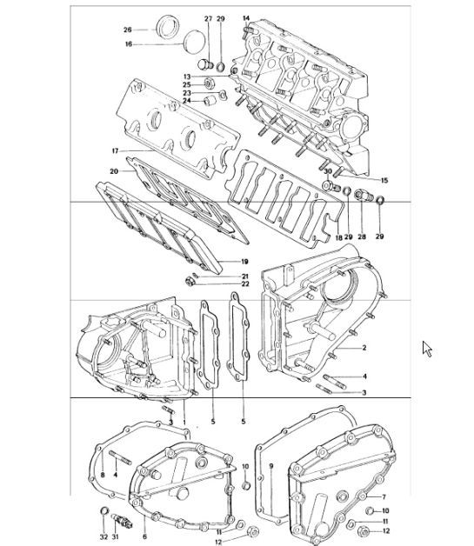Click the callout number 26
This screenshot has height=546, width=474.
pyautogui.click(x=127, y=30)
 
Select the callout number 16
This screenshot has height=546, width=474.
pyautogui.click(x=127, y=43)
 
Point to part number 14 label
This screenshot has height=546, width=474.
pyautogui.click(x=246, y=18)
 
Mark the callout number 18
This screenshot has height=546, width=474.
pyautogui.click(x=338, y=236)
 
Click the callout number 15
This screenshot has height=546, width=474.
pyautogui.click(x=384, y=181)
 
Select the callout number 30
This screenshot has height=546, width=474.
pyautogui.click(x=329, y=172)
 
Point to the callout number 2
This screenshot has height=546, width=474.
pyautogui.click(x=364, y=347)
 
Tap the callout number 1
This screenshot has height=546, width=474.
pyautogui.click(x=184, y=422)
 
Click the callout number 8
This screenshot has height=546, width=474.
pyautogui.click(x=102, y=475)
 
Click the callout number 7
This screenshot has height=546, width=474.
pyautogui.click(x=383, y=496)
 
